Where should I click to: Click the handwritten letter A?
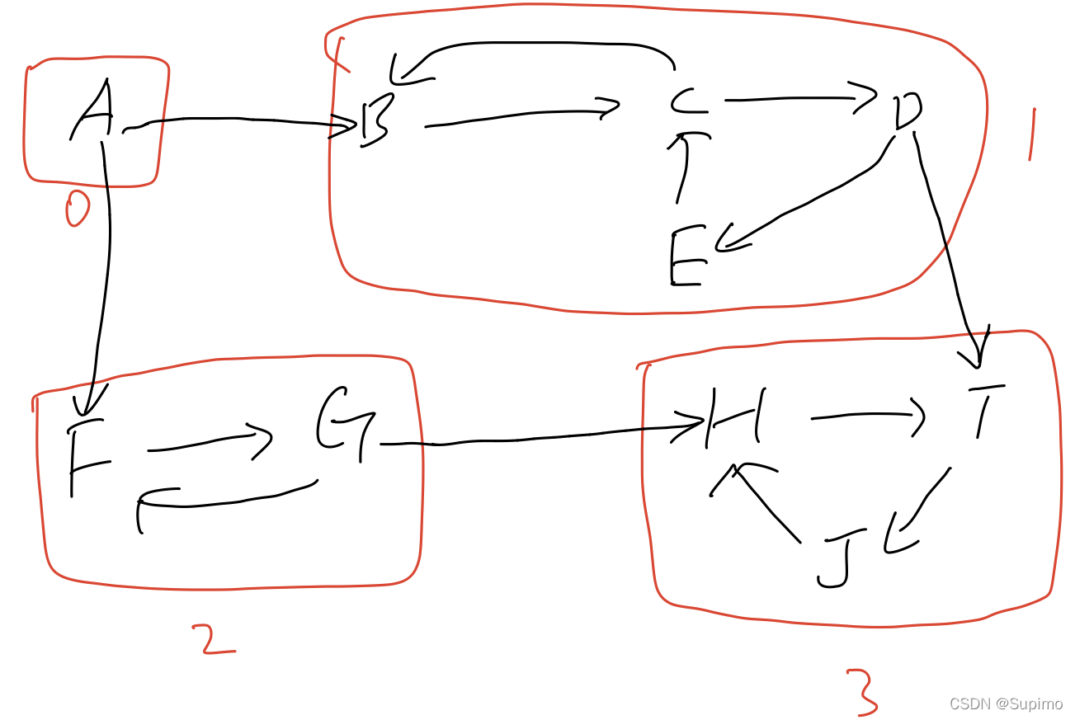pyautogui.click(x=93, y=111)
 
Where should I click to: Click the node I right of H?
pyautogui.click(x=983, y=409)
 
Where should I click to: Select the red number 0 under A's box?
pyautogui.click(x=77, y=208)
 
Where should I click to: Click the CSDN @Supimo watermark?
pyautogui.click(x=1006, y=704)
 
